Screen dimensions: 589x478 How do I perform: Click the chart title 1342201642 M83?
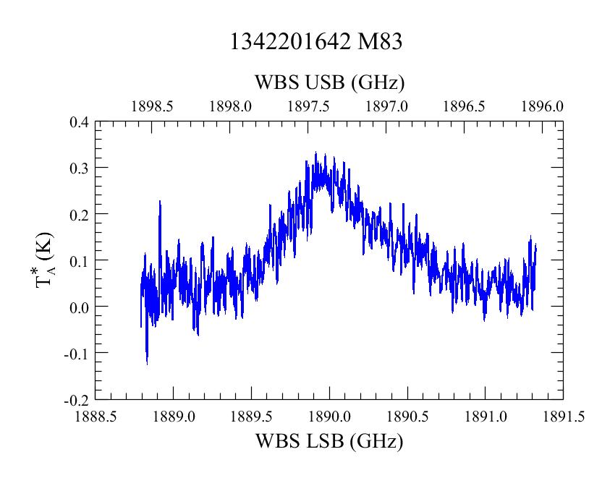coord(316,41)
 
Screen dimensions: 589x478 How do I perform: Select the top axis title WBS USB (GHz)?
coord(329,82)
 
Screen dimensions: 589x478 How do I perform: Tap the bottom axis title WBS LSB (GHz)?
coord(329,441)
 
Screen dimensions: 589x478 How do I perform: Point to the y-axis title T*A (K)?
coord(45,260)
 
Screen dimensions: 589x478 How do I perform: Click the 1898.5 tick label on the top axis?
coord(152,106)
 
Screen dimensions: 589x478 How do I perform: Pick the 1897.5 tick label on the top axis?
coord(308,106)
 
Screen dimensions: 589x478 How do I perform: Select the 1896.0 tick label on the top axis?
coord(542,106)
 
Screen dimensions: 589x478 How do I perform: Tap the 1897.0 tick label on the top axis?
coord(386,106)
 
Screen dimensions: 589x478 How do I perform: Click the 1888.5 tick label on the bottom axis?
coord(96,417)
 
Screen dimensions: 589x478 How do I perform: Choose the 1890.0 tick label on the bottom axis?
coord(329,417)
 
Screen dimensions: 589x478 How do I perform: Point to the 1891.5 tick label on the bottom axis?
coord(564,417)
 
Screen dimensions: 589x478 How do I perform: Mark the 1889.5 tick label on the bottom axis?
coord(251,417)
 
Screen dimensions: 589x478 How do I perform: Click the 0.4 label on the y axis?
coord(79,122)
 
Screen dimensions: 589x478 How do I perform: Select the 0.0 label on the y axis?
coord(79,307)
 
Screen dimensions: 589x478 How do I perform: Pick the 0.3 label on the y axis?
coord(79,168)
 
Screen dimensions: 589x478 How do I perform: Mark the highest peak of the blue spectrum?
coord(316,153)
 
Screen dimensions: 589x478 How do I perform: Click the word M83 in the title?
coord(380,41)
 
